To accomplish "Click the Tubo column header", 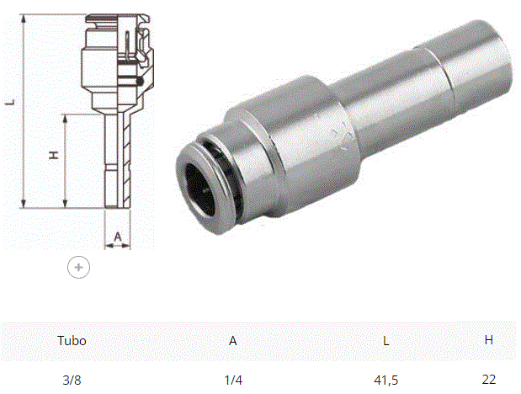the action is (72, 340).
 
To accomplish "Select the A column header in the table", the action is (233, 340).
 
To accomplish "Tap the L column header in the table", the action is (385, 340).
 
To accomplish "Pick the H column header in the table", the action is (489, 340).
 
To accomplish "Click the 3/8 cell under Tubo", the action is (72, 380).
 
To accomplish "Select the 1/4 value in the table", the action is (233, 380).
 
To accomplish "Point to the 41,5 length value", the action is (385, 380).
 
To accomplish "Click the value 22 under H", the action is (489, 379).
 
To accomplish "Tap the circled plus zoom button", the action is (79, 268).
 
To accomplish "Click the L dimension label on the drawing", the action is (11, 102).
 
